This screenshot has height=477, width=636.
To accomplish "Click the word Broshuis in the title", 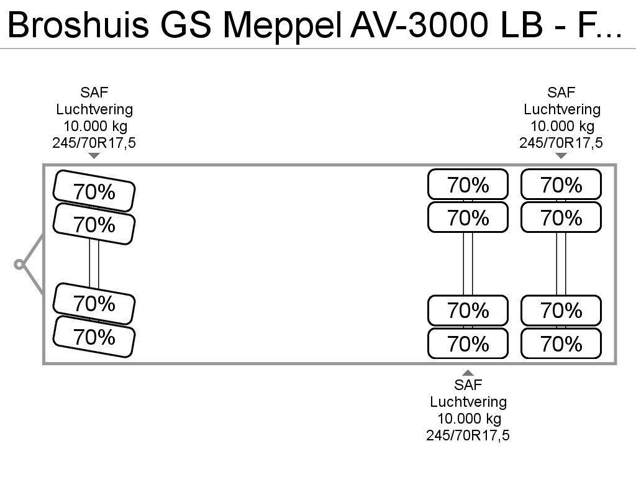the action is click(x=78, y=24).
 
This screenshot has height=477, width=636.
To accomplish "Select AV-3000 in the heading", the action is click(x=419, y=24).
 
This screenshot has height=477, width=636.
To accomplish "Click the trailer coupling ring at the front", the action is click(x=19, y=265).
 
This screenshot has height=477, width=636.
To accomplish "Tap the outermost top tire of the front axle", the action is click(x=94, y=191).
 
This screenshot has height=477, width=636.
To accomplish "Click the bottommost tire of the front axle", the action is click(x=94, y=337).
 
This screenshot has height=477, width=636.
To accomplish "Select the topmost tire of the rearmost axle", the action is click(x=561, y=184).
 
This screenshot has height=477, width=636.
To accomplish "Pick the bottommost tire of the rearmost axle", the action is click(x=561, y=343).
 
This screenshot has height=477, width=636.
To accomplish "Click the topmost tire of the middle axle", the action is click(x=468, y=184).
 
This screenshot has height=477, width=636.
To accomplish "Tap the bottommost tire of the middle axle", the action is click(x=468, y=343).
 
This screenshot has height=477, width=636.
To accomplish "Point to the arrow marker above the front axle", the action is click(x=94, y=156).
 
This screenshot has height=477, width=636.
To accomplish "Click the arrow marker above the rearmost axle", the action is click(x=561, y=156).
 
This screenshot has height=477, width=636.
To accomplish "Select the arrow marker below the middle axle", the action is click(x=468, y=373).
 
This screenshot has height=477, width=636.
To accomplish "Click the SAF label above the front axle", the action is click(x=94, y=93).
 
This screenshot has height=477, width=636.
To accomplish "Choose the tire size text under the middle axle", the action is click(x=468, y=435).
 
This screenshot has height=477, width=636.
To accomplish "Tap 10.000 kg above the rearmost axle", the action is click(x=562, y=126).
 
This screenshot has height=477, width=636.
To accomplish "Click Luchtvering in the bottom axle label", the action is click(x=468, y=402).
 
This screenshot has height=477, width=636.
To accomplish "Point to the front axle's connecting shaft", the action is click(x=94, y=263).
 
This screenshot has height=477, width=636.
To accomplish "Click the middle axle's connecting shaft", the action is click(x=468, y=263).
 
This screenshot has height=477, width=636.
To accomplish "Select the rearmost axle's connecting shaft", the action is click(x=561, y=263).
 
